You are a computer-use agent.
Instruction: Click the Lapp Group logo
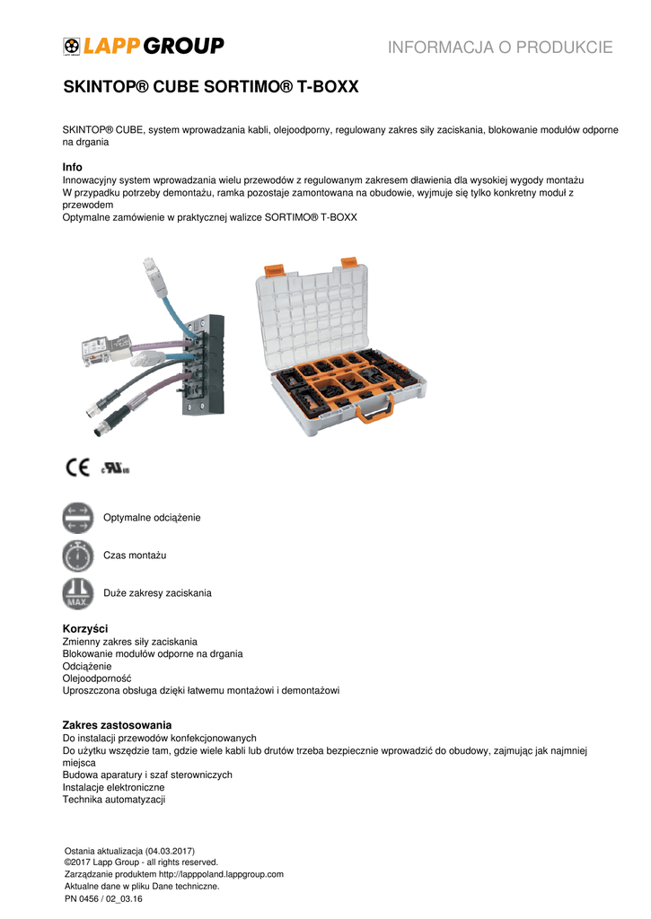(144, 46)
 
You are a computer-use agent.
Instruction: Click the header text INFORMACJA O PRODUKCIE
(500, 48)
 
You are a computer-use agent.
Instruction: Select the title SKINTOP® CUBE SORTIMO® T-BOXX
(210, 88)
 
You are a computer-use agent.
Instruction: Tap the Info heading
(72, 168)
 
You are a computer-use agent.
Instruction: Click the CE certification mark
(76, 468)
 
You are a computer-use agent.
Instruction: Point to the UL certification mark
(116, 468)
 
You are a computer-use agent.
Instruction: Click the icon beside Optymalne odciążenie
(78, 518)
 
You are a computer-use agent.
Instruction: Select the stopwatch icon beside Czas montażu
(78, 556)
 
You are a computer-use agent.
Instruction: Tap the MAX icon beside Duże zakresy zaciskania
(78, 593)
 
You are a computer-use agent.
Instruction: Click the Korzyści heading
(84, 629)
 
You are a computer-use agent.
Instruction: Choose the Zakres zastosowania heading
(117, 724)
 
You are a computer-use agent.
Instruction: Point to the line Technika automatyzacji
(114, 800)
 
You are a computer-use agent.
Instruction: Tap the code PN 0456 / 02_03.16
(104, 898)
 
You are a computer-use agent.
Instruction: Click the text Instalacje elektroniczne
(113, 787)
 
